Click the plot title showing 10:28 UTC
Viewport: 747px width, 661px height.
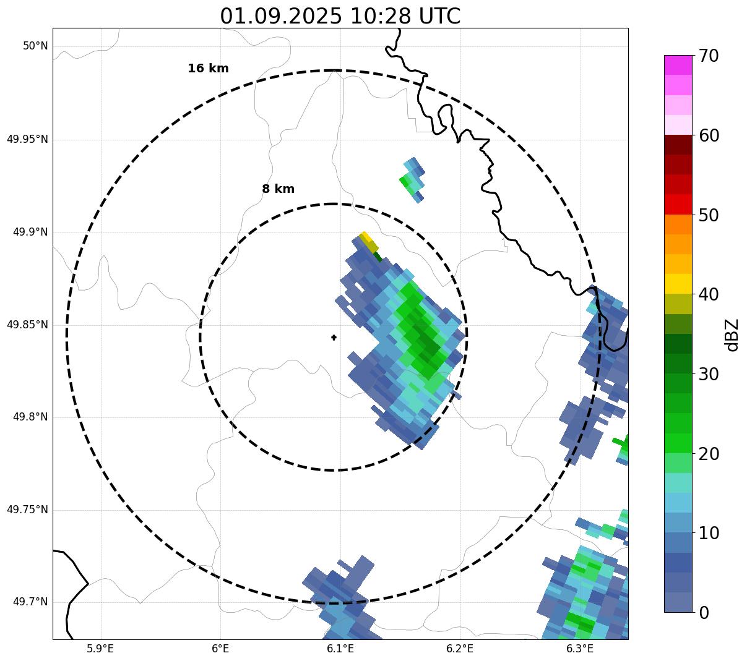(340, 16)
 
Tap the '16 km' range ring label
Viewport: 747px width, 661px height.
(208, 69)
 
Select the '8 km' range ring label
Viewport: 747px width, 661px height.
(278, 189)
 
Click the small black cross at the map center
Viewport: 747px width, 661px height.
(334, 338)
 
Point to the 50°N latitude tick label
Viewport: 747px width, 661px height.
(35, 46)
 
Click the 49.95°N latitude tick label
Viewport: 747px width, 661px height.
(27, 139)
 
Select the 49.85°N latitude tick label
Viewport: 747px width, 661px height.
(27, 325)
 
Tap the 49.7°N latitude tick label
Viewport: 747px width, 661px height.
(30, 602)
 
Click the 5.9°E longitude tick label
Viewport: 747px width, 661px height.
(100, 649)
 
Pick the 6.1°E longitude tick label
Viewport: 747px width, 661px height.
(340, 649)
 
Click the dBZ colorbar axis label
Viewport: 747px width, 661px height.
(732, 335)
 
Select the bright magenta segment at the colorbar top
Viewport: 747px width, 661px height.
(678, 65)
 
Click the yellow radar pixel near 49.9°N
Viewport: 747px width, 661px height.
(365, 237)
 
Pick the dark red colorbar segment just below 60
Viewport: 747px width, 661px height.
(678, 145)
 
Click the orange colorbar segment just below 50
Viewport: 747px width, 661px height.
(678, 224)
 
